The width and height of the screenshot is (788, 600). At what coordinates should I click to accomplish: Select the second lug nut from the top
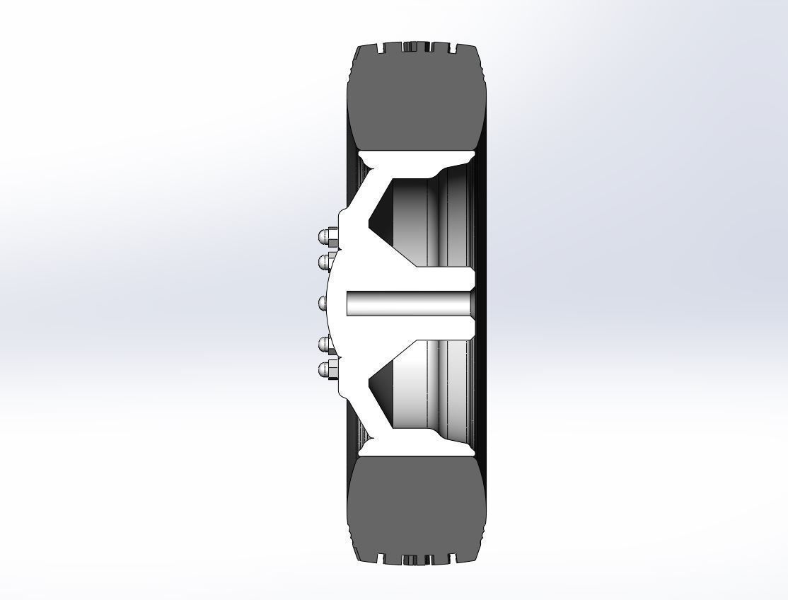(326, 262)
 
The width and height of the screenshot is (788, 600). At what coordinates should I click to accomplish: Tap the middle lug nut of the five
(324, 303)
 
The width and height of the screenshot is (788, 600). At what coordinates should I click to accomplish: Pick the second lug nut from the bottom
(326, 345)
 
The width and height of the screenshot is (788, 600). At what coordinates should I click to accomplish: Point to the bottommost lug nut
(326, 369)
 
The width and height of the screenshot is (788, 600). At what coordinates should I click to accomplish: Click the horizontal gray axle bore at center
(409, 304)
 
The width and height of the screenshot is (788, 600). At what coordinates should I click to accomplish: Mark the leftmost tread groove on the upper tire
(383, 49)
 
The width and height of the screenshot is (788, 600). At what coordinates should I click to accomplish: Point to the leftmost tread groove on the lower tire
(383, 557)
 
